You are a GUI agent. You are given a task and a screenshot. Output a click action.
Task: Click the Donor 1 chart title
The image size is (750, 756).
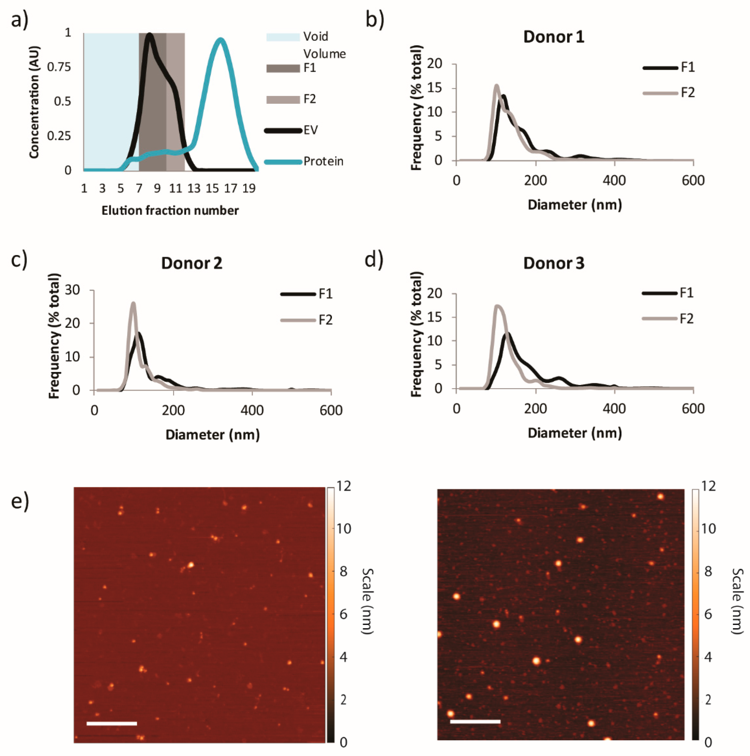coord(553,37)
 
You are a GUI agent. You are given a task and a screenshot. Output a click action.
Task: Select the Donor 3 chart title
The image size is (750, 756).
coord(553,263)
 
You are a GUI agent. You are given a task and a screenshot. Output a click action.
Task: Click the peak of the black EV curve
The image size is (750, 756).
coord(149,35)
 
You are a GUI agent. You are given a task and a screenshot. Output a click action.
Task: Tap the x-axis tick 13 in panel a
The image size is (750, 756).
coord(194,189)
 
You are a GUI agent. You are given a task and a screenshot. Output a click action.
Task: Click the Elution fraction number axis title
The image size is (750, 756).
coord(170,211)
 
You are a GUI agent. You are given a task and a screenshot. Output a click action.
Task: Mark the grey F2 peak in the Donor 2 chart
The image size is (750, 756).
coord(133,303)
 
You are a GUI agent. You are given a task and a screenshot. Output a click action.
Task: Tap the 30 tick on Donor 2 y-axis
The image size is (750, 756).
coord(72,290)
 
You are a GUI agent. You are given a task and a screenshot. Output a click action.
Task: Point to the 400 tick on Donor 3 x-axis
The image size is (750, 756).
coord(614,409)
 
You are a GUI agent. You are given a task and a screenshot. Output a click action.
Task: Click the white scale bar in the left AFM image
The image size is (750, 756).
coord(112,723)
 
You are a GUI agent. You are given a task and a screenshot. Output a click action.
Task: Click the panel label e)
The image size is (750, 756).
coord(20,501)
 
